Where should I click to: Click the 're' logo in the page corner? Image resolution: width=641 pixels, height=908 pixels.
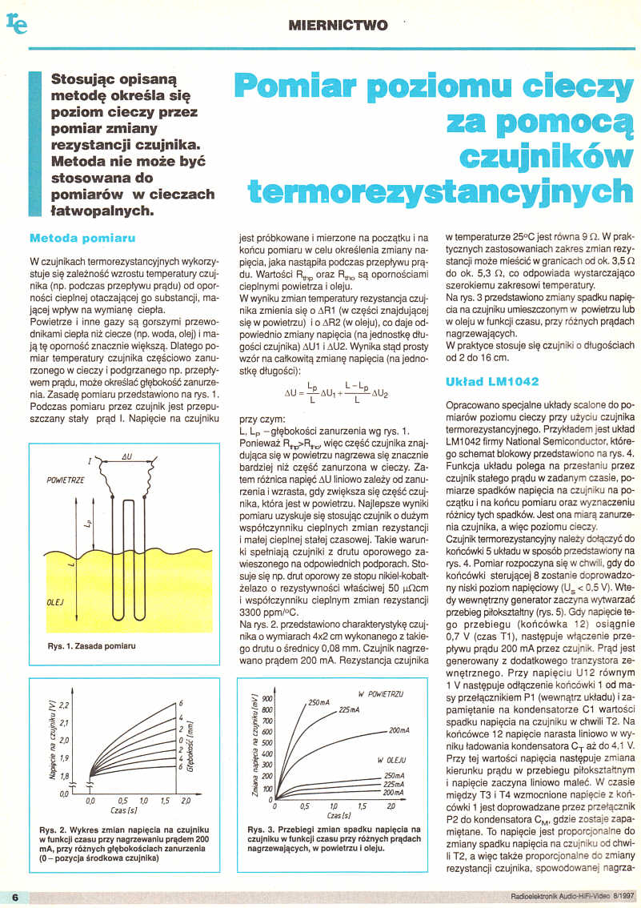17,23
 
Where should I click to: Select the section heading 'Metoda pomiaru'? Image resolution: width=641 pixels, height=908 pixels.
82,238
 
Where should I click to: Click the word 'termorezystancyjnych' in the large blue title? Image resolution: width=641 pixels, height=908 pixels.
439,191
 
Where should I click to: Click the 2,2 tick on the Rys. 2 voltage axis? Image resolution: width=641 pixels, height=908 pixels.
66,704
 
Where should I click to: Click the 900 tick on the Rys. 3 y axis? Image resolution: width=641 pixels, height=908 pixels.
267,697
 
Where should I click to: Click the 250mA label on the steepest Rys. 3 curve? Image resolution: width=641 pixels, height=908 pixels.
318,702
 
